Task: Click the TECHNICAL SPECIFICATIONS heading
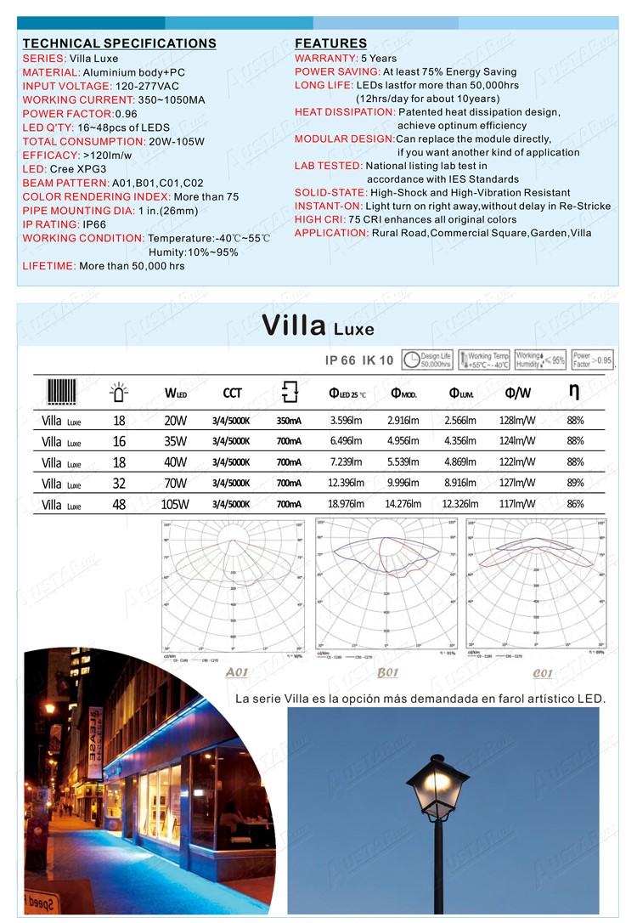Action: (119, 43)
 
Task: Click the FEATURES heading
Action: (330, 43)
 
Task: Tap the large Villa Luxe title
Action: (318, 326)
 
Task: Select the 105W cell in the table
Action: (175, 504)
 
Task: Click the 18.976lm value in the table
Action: (346, 504)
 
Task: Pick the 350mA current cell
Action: (289, 420)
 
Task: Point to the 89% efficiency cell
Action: (575, 483)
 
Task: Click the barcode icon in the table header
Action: (62, 393)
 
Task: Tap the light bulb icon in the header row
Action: (119, 393)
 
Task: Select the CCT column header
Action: (232, 393)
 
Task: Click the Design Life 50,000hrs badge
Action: (427, 360)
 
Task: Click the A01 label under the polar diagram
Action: (237, 673)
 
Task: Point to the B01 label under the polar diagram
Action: (387, 673)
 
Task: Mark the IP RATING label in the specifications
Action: (50, 224)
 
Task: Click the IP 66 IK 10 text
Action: (359, 360)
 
